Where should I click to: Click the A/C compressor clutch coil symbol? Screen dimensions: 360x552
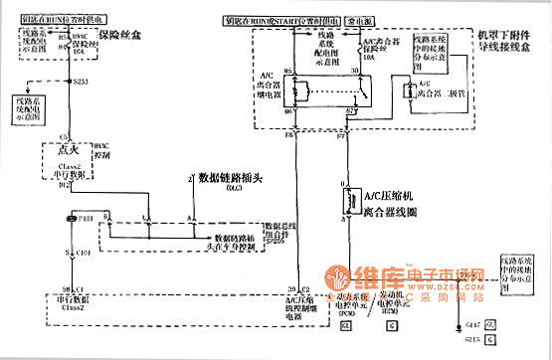350,201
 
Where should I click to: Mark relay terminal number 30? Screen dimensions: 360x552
355,72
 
